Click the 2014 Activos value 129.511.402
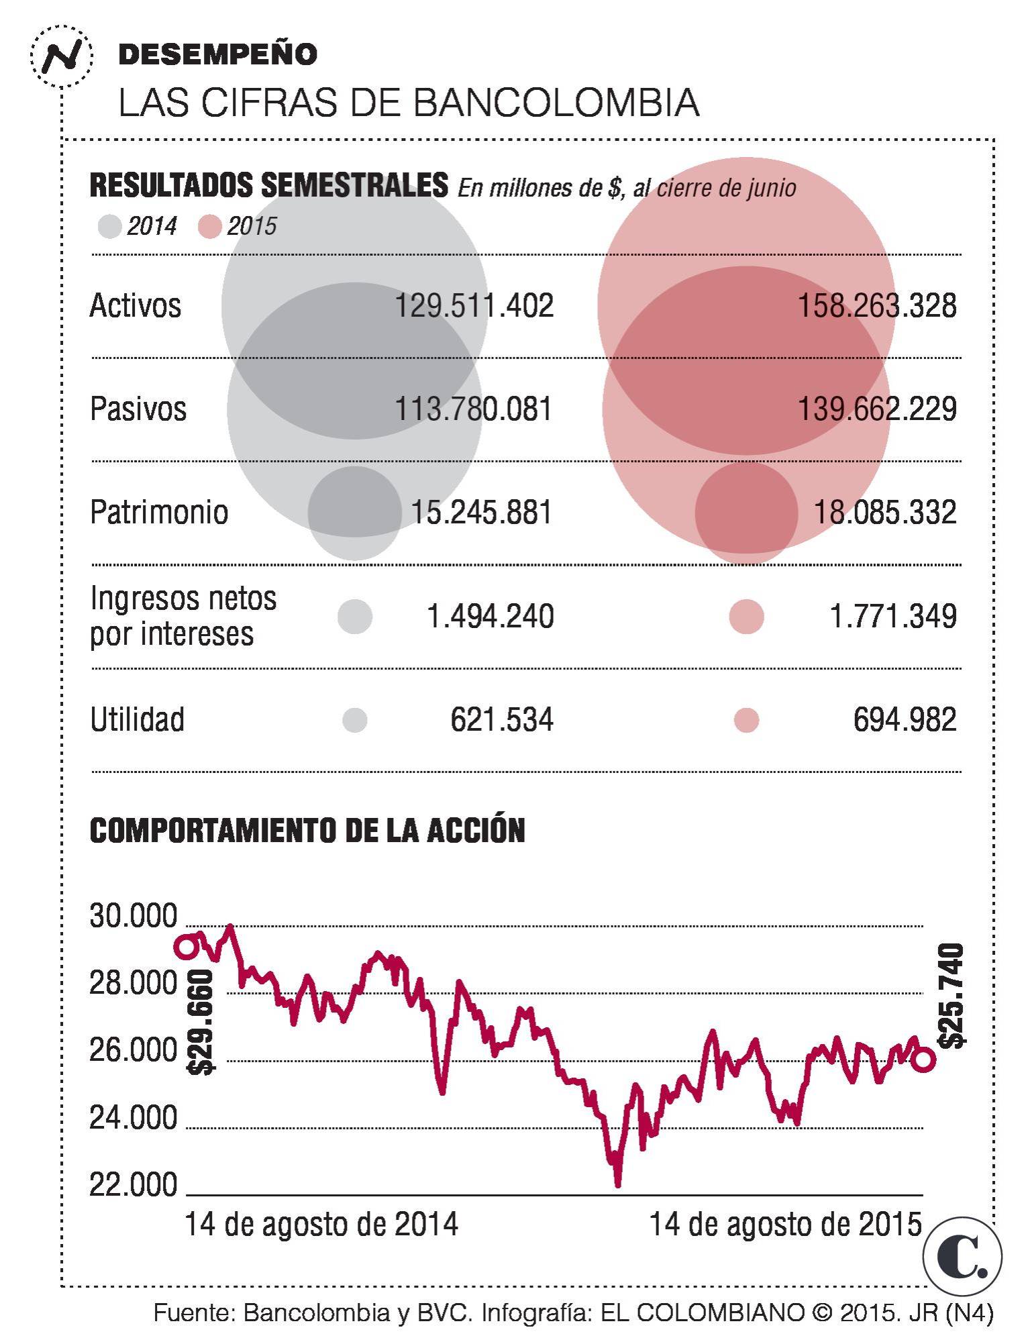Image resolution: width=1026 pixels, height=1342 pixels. [x=474, y=306]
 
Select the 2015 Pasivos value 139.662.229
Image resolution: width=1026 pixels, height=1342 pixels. [x=876, y=409]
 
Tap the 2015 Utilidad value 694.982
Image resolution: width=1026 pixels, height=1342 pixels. [x=905, y=720]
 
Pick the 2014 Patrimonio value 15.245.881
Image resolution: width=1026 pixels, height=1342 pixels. [x=481, y=513]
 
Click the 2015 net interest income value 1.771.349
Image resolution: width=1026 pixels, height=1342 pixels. [x=893, y=616]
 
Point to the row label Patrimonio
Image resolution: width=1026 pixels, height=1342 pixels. [x=159, y=513]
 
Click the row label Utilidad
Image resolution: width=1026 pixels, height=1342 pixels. [x=137, y=720]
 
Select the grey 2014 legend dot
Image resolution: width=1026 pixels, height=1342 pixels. [x=109, y=227]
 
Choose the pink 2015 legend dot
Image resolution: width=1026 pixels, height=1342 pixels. [x=210, y=227]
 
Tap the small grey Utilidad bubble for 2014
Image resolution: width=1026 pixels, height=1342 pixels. [x=355, y=720]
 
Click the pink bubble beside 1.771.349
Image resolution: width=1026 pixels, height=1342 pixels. [x=746, y=616]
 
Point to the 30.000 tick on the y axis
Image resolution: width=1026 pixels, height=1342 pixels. [x=134, y=916]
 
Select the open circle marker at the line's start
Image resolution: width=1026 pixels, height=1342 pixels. [x=186, y=947]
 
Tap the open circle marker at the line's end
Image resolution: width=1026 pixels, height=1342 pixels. [x=923, y=1060]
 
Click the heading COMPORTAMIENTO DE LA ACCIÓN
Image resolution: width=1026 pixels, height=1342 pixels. [x=307, y=831]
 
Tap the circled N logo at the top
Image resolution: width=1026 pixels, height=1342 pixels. [x=61, y=56]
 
